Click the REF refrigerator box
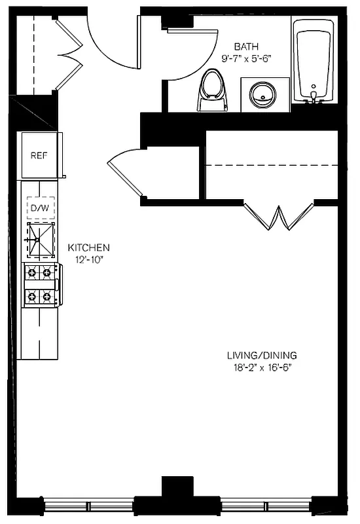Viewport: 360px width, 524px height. (39, 156)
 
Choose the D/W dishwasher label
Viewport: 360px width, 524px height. (39, 208)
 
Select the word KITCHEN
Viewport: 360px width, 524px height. (89, 248)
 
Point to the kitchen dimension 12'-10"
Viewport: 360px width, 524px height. (89, 259)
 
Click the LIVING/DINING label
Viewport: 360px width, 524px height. (257, 356)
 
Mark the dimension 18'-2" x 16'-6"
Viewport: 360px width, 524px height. (257, 367)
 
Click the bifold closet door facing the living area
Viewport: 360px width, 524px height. (279, 217)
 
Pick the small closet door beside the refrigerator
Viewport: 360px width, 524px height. (124, 174)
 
